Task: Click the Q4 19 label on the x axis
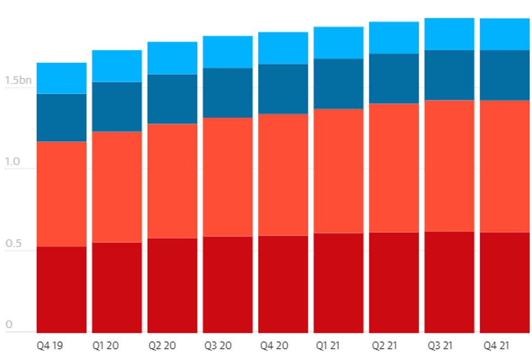50,345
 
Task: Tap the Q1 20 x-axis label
106,345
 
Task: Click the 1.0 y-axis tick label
12,162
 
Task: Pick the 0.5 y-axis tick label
12,243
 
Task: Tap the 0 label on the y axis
9,325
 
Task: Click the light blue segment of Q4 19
61,78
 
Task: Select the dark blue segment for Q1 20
117,107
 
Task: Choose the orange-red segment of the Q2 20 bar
172,181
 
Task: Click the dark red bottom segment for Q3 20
227,284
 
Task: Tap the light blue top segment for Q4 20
283,48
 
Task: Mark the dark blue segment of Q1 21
338,83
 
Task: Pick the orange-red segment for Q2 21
394,168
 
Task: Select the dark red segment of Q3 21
449,282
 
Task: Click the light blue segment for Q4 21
504,34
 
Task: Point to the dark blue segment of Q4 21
504,75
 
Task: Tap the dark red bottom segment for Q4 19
61,290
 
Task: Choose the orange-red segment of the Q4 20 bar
283,175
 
